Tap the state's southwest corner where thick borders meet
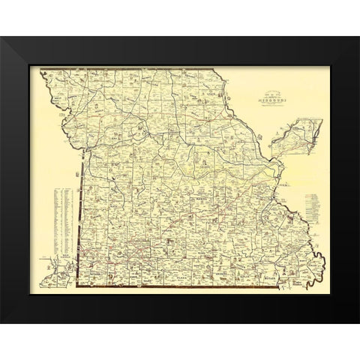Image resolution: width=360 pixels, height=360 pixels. pos(80,288)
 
